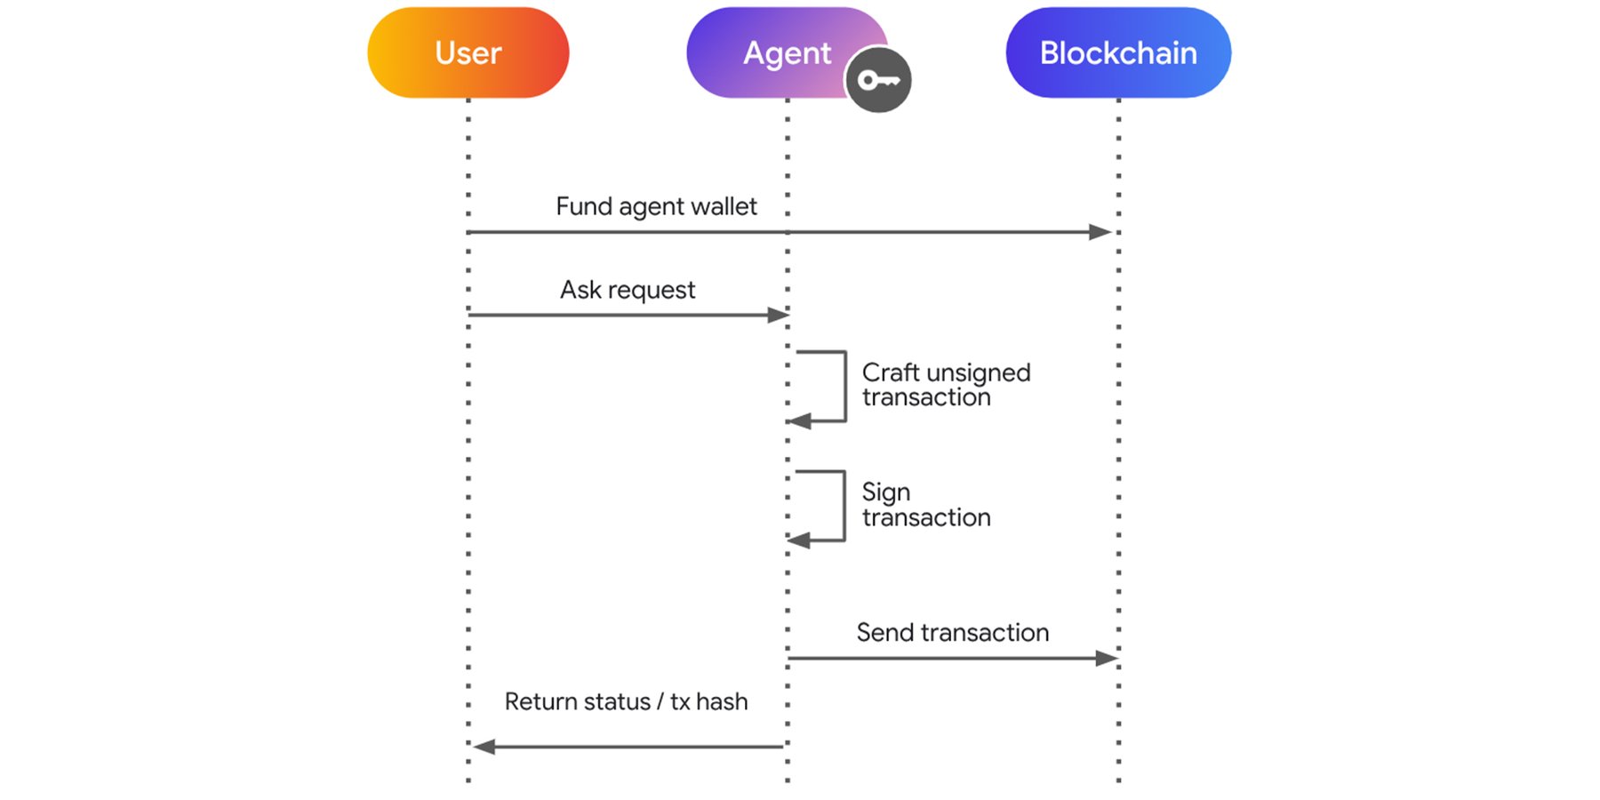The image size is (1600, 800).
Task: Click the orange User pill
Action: point(468,53)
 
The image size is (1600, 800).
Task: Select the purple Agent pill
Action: point(773,52)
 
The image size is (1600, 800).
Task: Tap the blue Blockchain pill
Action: point(1117,53)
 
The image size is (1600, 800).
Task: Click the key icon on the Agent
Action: point(878,81)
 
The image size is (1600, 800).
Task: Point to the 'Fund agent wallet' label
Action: point(656,206)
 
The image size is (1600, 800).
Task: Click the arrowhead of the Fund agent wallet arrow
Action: point(1100,232)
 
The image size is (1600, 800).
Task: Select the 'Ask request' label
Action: point(627,290)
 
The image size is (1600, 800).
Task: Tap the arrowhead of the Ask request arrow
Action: point(778,315)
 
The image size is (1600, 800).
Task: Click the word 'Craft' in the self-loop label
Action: point(891,372)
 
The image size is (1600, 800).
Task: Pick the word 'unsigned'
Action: point(978,373)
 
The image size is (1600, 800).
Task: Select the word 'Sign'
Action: point(885,492)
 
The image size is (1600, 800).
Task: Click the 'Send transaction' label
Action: point(952,632)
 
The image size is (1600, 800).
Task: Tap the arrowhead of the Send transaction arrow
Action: point(1106,658)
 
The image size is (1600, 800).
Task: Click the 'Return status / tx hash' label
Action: point(626,701)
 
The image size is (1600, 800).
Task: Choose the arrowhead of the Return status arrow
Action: point(484,747)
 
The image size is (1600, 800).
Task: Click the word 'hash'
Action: point(722,701)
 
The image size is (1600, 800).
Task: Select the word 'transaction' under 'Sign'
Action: point(926,517)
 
